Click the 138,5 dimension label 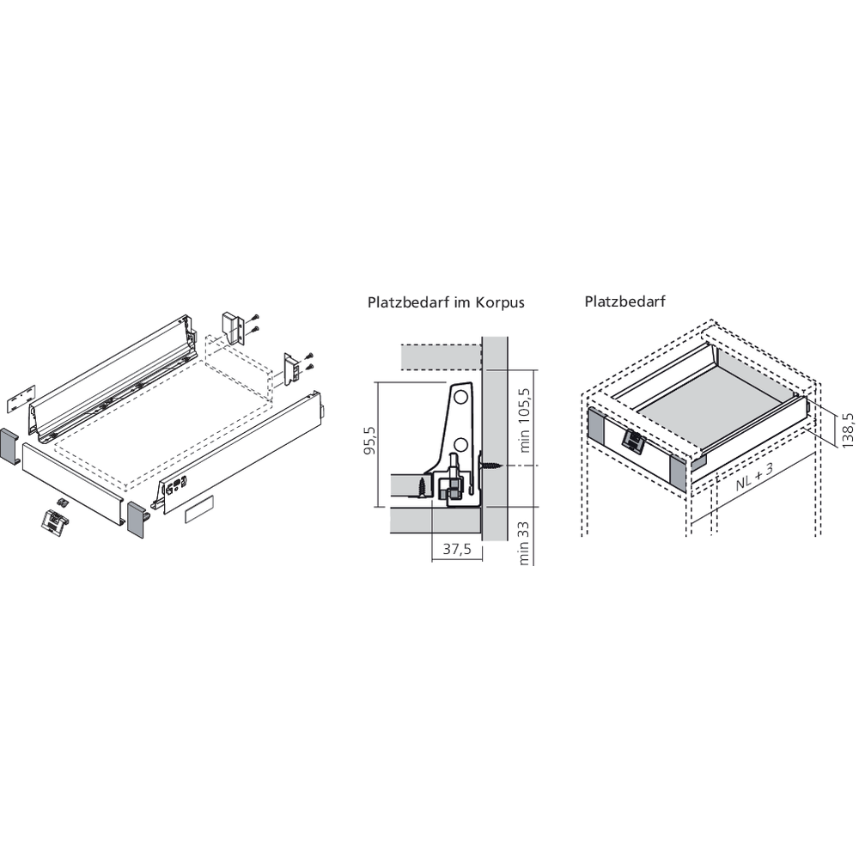[848, 429]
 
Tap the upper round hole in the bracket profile [461, 398]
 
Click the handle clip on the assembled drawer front [633, 442]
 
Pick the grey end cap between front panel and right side [138, 520]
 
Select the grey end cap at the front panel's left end [9, 446]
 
